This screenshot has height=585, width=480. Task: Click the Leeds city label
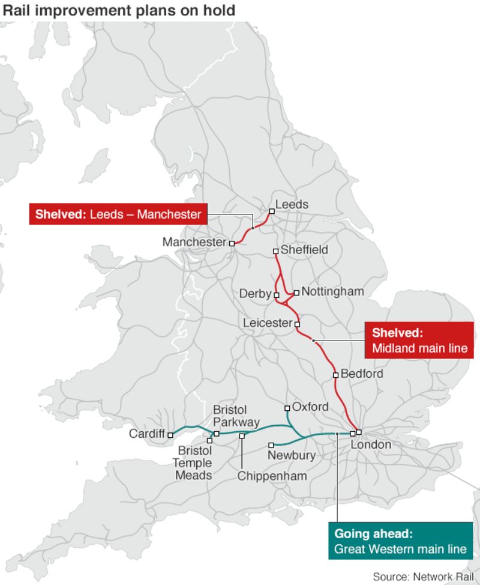[292, 204]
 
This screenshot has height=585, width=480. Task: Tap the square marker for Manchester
[232, 243]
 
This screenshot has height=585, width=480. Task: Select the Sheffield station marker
[275, 251]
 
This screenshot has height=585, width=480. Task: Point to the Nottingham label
[332, 291]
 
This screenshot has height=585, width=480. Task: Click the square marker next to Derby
[277, 295]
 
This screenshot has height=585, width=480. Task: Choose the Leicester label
[267, 323]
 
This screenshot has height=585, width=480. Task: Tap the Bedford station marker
[335, 375]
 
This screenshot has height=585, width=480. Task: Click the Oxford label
[310, 407]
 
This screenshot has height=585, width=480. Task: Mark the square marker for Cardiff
[170, 435]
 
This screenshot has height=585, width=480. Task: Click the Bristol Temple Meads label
[193, 462]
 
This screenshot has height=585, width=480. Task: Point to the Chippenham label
[272, 476]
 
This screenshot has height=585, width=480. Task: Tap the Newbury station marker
[271, 445]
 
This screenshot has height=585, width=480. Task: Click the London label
[371, 444]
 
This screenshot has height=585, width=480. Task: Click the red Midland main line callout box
[419, 340]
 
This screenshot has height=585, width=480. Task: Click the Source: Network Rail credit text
[423, 577]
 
